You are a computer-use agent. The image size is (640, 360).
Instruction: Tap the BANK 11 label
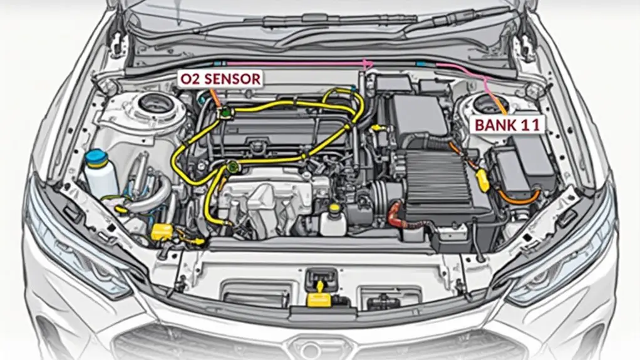point(507,124)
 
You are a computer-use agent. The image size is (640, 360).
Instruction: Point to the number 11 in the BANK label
point(531,124)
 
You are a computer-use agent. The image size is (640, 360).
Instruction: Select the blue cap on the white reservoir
point(96,157)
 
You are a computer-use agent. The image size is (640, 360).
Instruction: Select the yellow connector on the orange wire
point(483,179)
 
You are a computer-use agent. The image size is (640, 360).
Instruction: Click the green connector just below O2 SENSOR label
point(224,113)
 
